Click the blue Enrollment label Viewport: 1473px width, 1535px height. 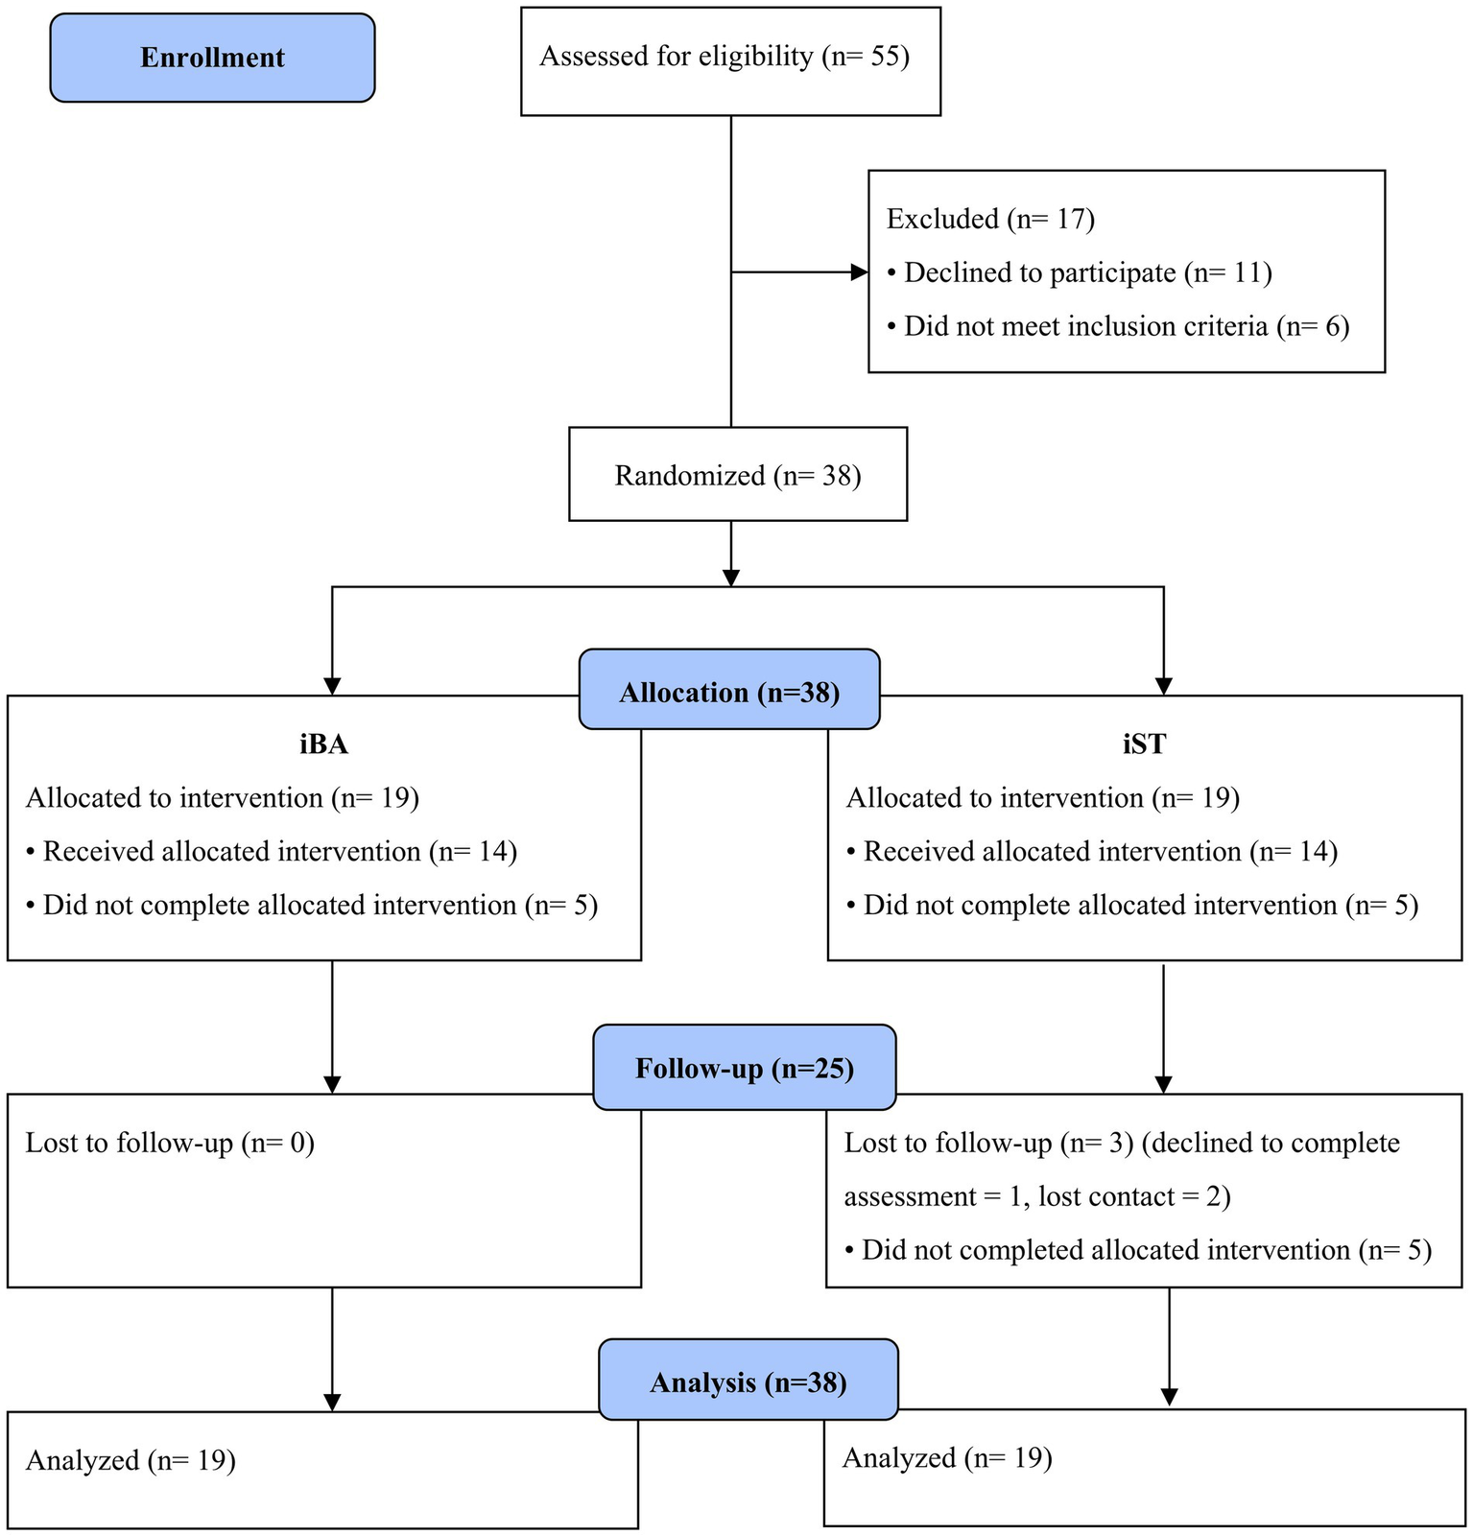(x=212, y=58)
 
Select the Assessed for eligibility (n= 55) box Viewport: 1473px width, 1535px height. (x=730, y=60)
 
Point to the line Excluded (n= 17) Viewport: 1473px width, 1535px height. (x=990, y=220)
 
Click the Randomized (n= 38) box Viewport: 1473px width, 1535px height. (x=737, y=476)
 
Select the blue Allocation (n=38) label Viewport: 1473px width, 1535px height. (x=729, y=693)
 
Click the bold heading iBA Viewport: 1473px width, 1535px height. (x=323, y=744)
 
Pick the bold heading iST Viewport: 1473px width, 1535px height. (x=1144, y=744)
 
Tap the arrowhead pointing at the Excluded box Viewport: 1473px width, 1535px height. (x=860, y=272)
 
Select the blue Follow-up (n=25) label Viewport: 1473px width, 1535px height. (x=745, y=1069)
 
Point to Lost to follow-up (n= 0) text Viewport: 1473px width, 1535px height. (x=170, y=1144)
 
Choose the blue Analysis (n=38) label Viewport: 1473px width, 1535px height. (x=748, y=1382)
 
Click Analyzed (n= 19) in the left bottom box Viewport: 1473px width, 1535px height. (x=131, y=1461)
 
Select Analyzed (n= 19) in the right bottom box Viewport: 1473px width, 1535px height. (x=947, y=1458)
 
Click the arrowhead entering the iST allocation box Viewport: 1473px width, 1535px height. (x=1163, y=687)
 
